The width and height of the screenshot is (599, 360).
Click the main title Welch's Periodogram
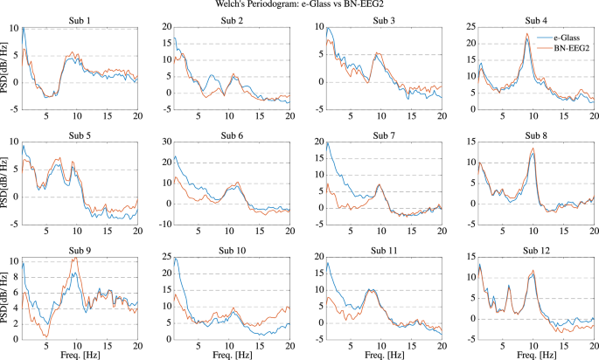[x=300, y=5]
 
